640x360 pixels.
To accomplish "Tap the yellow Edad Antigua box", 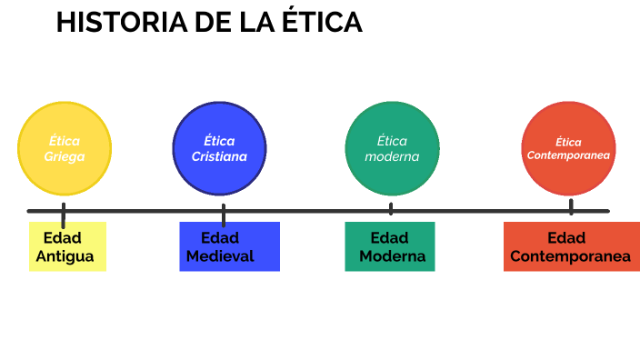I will click(67, 246).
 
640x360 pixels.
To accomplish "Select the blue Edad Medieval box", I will click(229, 246).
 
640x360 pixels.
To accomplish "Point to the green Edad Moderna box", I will click(391, 246).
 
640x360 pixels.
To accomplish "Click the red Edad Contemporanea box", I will click(567, 246).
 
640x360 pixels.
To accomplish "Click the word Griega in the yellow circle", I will click(65, 156).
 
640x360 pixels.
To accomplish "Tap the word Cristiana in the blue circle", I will click(219, 156).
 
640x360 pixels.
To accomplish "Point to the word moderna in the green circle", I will click(392, 156).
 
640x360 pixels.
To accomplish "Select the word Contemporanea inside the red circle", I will click(568, 155).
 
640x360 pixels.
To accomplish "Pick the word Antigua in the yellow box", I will click(65, 256).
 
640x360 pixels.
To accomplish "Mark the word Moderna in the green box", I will click(392, 256).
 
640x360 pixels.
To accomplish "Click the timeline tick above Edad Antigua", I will click(64, 215).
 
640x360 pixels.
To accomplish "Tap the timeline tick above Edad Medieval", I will click(223, 215).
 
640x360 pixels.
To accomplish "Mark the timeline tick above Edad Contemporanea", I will click(571, 207).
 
